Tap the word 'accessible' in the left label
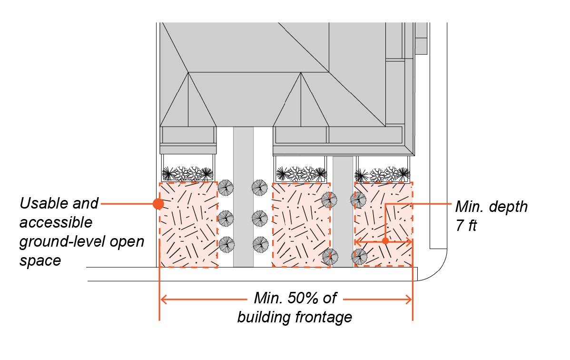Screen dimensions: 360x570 [56, 222]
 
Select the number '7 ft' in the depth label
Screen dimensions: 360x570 [466, 225]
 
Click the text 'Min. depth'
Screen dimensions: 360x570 [491, 207]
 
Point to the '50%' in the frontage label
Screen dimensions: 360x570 [304, 299]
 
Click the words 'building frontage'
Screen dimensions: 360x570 [295, 317]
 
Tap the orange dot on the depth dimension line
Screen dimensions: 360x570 [385, 241]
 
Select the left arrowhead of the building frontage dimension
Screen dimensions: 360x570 [163, 300]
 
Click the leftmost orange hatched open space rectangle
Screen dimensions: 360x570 [188, 224]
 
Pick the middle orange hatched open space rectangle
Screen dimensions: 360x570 [300, 224]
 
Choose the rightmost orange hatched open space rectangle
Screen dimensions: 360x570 [383, 224]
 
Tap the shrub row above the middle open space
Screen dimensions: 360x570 [301, 173]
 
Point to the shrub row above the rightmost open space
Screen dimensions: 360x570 [383, 173]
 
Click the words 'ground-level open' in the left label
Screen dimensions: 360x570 [81, 241]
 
